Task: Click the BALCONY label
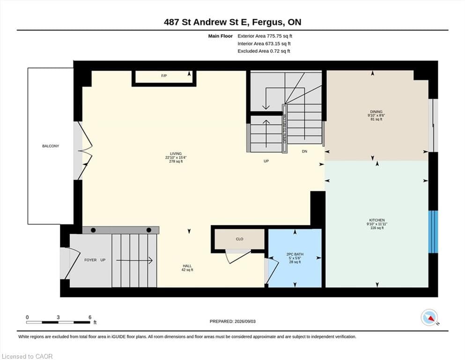tap(51, 146)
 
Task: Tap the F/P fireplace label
tap(164, 75)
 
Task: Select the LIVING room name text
tap(176, 154)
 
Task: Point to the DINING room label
tap(376, 112)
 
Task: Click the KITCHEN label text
tap(377, 220)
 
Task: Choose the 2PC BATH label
tap(295, 255)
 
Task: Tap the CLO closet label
tap(239, 239)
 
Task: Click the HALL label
tap(187, 266)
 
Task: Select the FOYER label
tap(90, 260)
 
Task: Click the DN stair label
tap(304, 151)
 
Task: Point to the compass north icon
tap(429, 317)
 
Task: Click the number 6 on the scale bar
tap(90, 317)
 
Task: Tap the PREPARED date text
tap(232, 322)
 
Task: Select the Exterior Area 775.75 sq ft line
tap(265, 36)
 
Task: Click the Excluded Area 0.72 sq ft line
tap(264, 51)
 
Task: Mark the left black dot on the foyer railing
tap(93, 230)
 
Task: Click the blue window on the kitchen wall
tap(433, 232)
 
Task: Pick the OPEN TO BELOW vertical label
tap(285, 128)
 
